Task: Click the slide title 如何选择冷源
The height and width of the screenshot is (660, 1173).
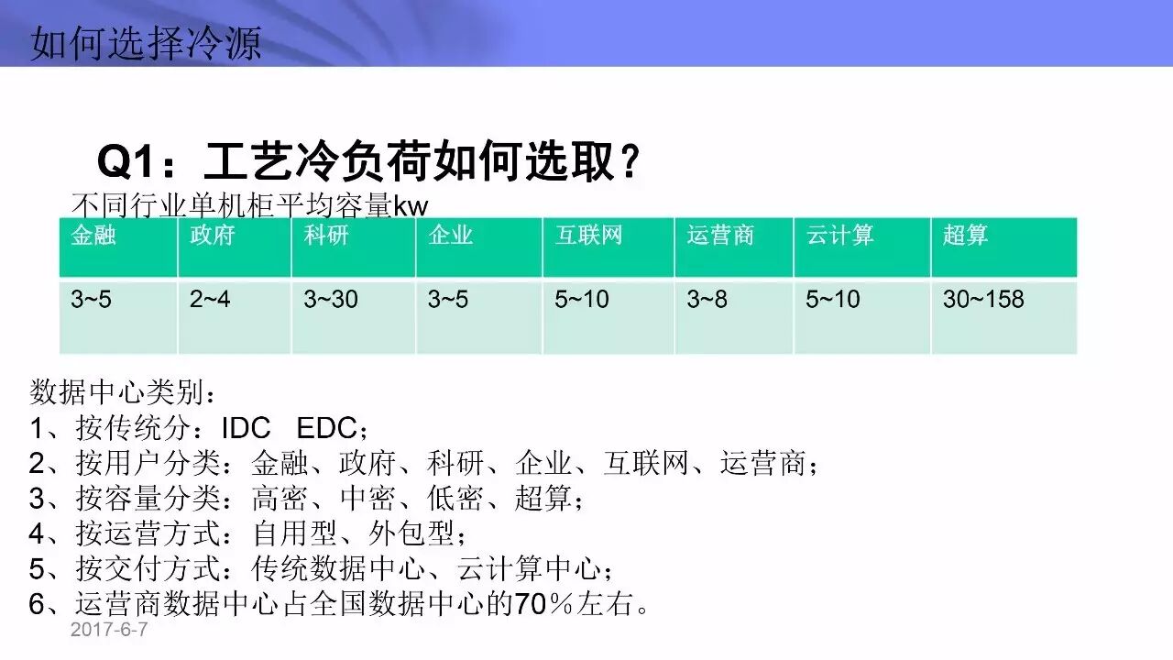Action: point(146,42)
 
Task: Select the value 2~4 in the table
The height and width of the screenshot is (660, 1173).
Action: point(210,299)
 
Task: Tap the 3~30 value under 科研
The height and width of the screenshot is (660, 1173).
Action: point(331,299)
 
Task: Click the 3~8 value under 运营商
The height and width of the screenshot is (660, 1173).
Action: point(707,299)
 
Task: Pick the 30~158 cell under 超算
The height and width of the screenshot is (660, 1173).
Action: point(983,299)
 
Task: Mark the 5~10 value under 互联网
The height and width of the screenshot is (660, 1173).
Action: point(581,299)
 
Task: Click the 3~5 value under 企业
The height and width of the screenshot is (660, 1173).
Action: point(447,299)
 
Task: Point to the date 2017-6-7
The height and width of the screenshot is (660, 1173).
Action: point(108,631)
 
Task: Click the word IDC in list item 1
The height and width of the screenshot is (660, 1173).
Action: point(246,429)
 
